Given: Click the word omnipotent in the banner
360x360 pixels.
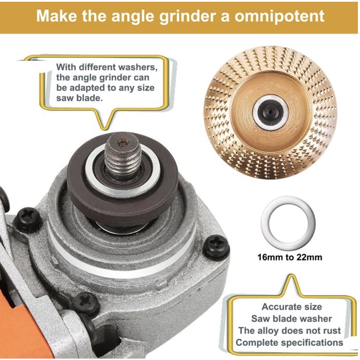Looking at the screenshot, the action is click(279, 16).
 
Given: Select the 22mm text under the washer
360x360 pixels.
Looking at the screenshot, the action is click(309, 257).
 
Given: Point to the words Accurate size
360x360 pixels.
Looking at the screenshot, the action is click(291, 307).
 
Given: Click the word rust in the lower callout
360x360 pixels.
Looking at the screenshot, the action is click(332, 330).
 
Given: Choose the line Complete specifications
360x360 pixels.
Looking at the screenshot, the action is click(289, 343).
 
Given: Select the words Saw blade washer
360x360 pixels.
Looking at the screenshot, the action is click(291, 319).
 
